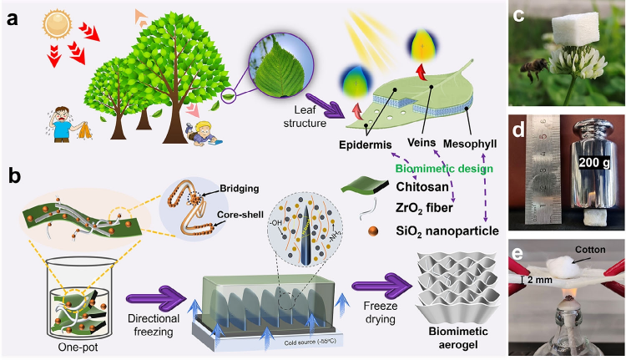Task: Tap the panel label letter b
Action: pyautogui.click(x=14, y=175)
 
